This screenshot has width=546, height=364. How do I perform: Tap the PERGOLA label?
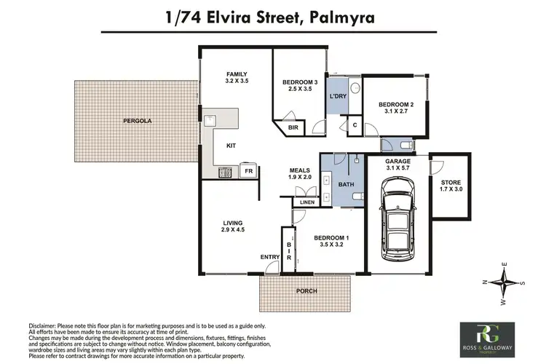click(136, 121)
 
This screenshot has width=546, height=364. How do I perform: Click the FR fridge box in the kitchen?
click(248, 173)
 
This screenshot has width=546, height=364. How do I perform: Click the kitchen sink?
click(211, 119)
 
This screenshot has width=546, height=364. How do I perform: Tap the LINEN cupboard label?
click(307, 202)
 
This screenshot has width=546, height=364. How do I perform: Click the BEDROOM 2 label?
click(395, 106)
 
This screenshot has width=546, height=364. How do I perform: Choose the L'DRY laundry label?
click(337, 96)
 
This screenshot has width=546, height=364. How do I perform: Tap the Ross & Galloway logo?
click(486, 339)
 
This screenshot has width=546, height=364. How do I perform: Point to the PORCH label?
click(306, 291)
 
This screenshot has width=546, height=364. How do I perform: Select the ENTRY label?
click(269, 257)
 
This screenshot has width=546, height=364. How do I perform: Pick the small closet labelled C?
click(354, 124)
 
